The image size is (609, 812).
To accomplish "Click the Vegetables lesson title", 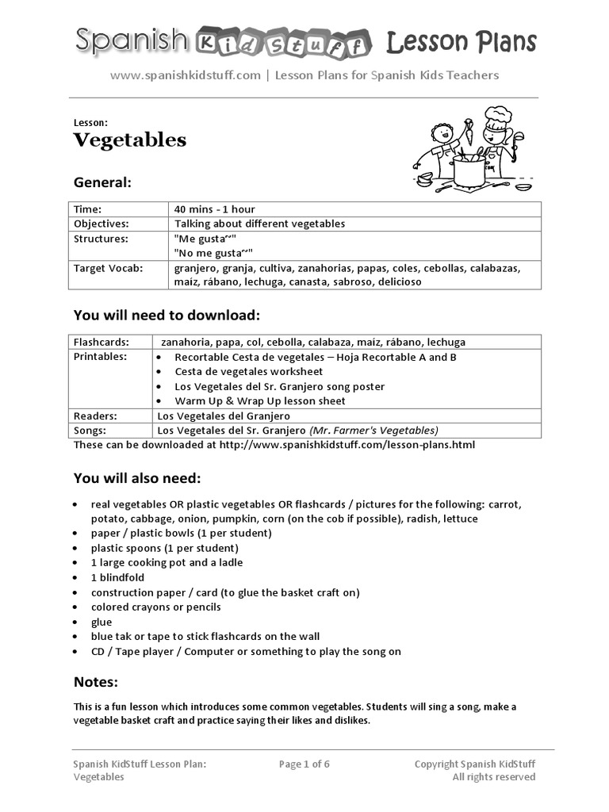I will click(130, 140).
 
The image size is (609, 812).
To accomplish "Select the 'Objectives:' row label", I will click(101, 224).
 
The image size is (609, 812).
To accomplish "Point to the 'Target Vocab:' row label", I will click(108, 268).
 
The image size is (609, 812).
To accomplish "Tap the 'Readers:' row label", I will click(95, 416).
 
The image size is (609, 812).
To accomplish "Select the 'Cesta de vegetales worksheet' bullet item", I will click(248, 371).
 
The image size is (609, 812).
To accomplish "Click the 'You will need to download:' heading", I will click(167, 315).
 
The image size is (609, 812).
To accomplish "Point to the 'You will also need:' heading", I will click(137, 478).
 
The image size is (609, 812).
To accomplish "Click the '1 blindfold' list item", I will click(117, 577).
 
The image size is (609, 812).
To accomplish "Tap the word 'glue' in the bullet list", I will click(101, 622).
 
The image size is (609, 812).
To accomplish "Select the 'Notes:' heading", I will click(96, 682).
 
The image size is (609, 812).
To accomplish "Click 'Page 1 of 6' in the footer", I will click(304, 764).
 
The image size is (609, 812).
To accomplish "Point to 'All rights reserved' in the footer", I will click(493, 777).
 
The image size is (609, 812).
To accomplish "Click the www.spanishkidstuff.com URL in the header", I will click(185, 75).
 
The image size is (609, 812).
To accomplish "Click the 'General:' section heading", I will click(102, 182).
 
